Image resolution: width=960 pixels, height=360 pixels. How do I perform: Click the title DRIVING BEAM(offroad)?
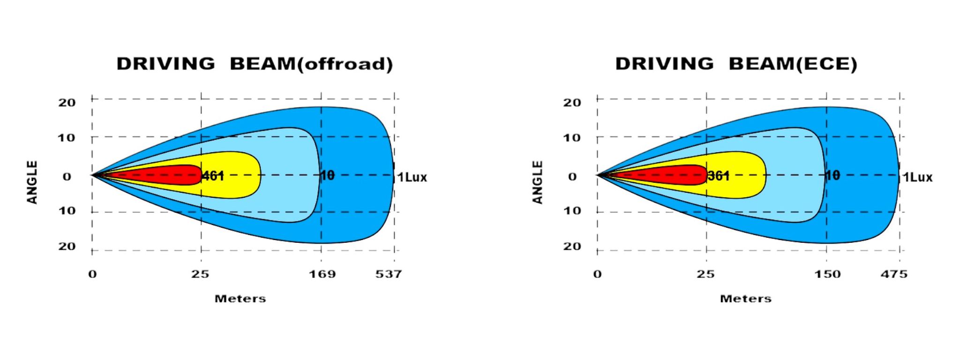[255, 64]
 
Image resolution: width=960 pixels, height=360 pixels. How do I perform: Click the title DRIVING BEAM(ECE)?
[736, 64]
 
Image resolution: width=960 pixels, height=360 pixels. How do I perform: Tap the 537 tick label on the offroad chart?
[389, 274]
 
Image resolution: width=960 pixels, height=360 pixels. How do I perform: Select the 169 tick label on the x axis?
[322, 274]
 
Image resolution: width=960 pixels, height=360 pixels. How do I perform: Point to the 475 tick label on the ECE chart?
[894, 274]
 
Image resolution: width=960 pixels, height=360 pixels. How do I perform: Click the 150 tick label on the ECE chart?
[827, 274]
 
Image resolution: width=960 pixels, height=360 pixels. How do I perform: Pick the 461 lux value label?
[213, 176]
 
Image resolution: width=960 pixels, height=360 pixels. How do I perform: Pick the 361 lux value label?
[719, 176]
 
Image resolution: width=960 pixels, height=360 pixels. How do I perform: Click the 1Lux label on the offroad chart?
[412, 178]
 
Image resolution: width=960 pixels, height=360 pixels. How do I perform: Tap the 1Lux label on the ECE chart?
[918, 178]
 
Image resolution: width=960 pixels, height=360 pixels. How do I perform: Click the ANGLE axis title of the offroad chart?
[32, 182]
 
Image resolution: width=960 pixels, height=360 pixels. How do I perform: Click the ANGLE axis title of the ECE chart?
[538, 182]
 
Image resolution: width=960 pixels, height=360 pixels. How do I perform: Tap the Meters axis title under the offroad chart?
[240, 299]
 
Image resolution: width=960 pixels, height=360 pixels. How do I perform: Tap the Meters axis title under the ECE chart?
[745, 299]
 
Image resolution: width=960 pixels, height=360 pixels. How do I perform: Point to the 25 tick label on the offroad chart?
[200, 274]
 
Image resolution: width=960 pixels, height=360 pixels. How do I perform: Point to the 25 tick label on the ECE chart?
[705, 274]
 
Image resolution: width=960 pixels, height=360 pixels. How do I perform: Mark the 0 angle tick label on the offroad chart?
[67, 177]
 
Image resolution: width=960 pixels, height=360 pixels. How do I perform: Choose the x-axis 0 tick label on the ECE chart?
[597, 274]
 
